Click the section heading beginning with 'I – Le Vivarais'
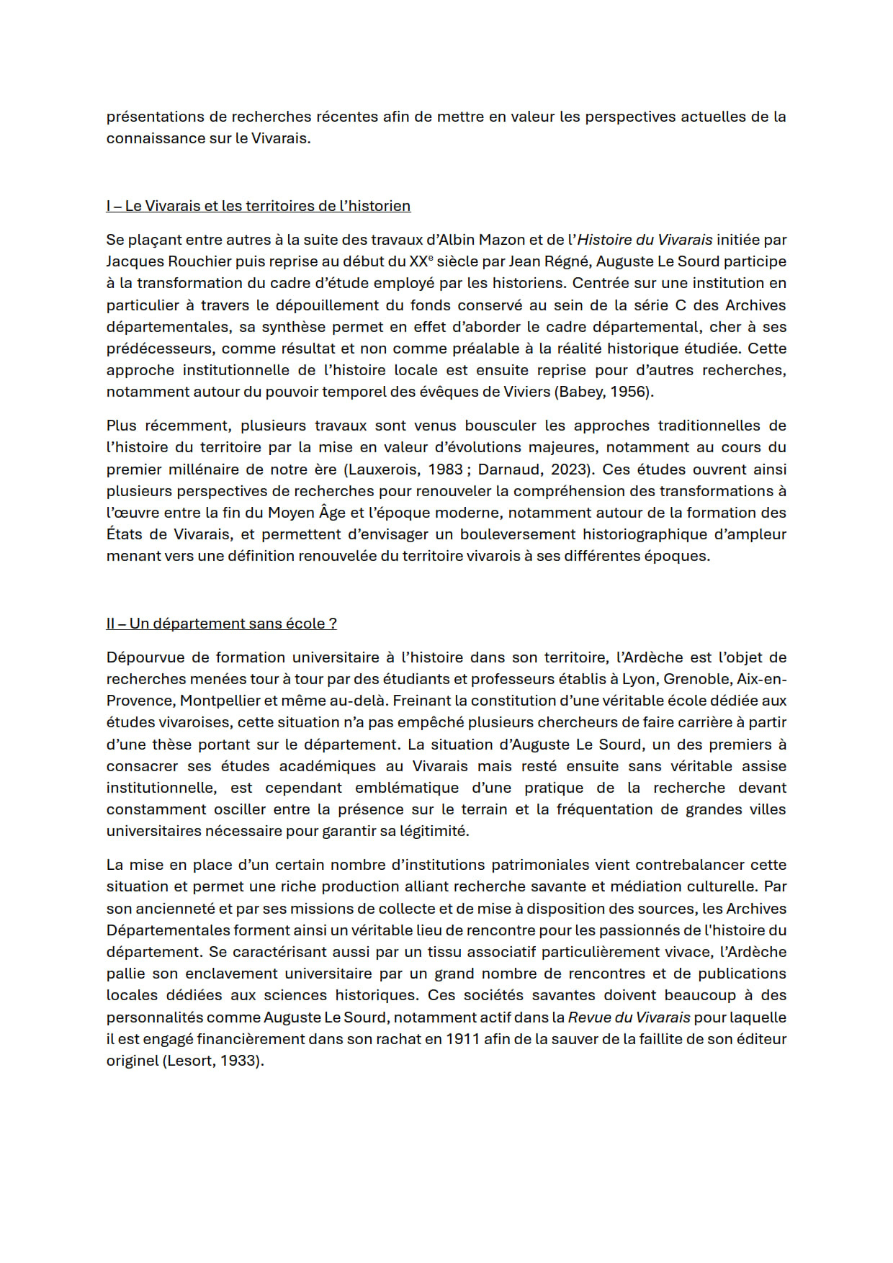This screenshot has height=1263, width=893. tap(258, 206)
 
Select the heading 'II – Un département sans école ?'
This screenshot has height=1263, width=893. tap(221, 624)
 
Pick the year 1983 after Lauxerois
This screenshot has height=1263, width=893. tap(444, 469)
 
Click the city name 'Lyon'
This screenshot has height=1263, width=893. tap(639, 679)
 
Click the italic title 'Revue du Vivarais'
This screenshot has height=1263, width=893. tap(629, 1017)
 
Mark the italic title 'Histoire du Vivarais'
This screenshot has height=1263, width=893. tap(645, 240)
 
